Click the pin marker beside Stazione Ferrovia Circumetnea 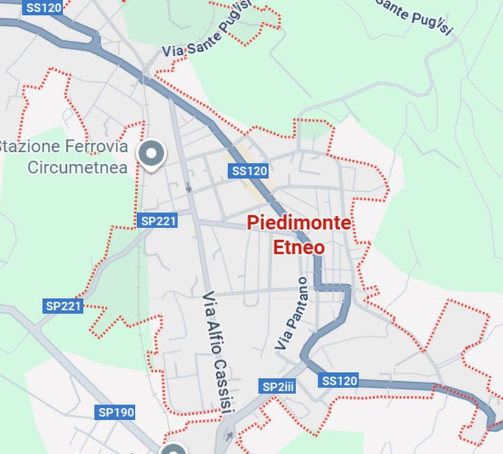(152, 154)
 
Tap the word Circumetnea (77, 167)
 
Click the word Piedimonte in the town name (298, 223)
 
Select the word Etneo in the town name (298, 247)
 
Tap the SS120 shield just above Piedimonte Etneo (249, 171)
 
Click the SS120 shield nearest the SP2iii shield (339, 380)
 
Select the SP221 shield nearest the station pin (157, 221)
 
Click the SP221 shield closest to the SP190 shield (63, 306)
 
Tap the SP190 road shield (116, 412)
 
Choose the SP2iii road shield (278, 387)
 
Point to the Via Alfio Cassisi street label (218, 352)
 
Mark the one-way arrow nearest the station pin (189, 188)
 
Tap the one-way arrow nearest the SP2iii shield (228, 436)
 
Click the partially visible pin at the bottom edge (174, 449)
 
